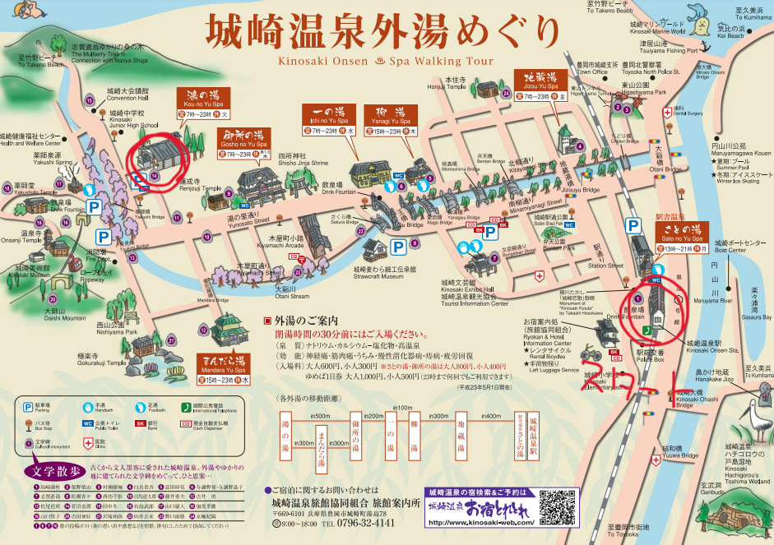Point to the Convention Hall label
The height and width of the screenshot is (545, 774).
(x=127, y=98)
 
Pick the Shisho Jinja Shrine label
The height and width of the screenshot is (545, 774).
(x=302, y=163)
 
